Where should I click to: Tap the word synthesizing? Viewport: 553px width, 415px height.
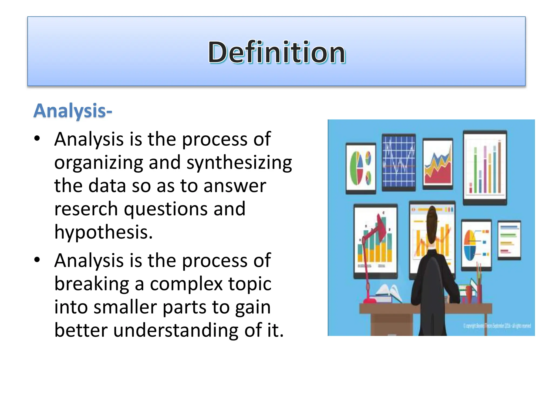[239, 163]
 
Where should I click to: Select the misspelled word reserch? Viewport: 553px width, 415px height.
[86, 209]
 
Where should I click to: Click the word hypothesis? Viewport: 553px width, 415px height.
[103, 232]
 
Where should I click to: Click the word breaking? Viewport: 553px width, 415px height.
[92, 284]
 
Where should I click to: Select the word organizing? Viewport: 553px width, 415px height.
[99, 163]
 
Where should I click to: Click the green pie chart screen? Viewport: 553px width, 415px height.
[361, 168]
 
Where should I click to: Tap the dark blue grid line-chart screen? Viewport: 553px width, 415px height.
[399, 162]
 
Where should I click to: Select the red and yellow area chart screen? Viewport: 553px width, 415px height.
[438, 164]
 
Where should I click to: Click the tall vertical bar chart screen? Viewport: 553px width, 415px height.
[485, 168]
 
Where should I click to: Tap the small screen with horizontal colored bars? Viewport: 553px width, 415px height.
[509, 240]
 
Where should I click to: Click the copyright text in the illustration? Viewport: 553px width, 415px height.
[497, 326]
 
